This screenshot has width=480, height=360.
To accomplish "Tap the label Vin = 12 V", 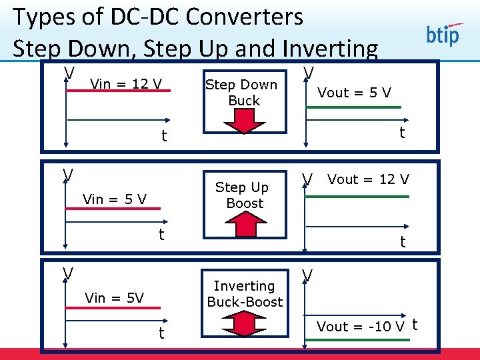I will pyautogui.click(x=126, y=83).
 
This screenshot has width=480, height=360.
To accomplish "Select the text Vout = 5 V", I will pyautogui.click(x=354, y=93).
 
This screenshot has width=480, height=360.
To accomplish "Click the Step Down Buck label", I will pyautogui.click(x=241, y=92).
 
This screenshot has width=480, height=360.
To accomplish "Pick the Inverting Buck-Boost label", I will pyautogui.click(x=245, y=293).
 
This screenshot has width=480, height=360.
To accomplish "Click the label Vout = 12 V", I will pyautogui.click(x=369, y=179).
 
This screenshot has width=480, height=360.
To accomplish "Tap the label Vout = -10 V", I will pyautogui.click(x=361, y=326).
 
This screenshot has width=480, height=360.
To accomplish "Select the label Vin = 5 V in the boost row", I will pyautogui.click(x=114, y=198).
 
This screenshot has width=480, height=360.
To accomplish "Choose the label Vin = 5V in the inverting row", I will pyautogui.click(x=114, y=297).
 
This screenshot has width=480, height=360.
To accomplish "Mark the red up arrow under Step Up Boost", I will pyautogui.click(x=246, y=225).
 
